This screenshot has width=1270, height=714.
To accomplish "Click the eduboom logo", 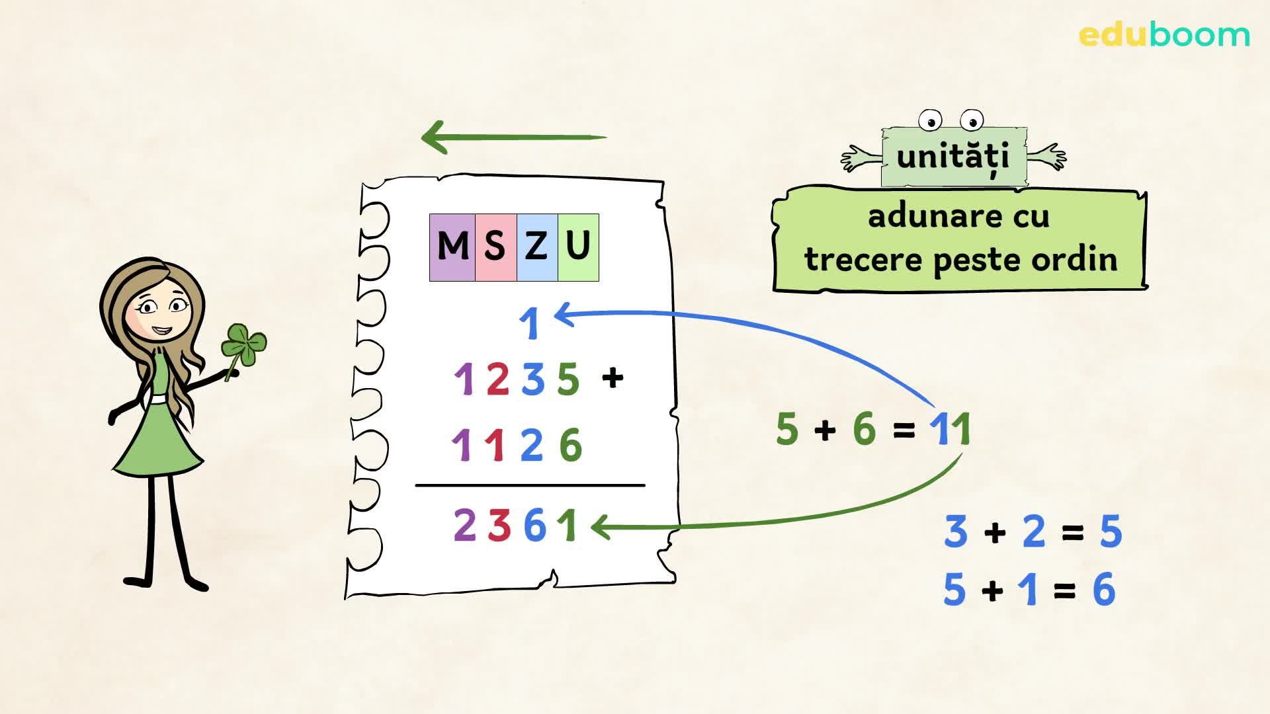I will tap(1164, 34).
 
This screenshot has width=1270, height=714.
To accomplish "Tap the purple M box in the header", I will tap(452, 247).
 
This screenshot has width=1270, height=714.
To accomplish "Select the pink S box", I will tap(495, 247).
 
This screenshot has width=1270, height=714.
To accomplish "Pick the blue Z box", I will tap(536, 247).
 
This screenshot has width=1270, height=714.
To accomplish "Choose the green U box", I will tap(578, 247).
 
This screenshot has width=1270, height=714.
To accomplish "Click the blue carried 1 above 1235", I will tap(530, 324).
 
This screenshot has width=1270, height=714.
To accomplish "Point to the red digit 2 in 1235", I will tap(497, 379).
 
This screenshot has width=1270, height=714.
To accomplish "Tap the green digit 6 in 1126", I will tap(570, 445).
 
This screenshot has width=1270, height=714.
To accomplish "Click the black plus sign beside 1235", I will tap(613, 377).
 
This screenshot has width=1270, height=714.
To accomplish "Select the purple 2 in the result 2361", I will tap(464, 526).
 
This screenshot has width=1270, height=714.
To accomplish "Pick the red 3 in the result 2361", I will tap(499, 526).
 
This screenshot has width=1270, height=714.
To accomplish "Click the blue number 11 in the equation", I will tap(951, 429).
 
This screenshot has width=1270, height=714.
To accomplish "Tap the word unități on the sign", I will tap(953, 156).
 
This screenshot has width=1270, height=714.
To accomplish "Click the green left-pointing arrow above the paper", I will tap(513, 138).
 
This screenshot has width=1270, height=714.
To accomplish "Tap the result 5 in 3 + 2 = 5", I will tap(1111, 532).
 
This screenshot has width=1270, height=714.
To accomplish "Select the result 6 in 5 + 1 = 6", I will tap(1104, 589).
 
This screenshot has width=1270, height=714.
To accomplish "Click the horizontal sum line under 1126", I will tap(530, 485).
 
